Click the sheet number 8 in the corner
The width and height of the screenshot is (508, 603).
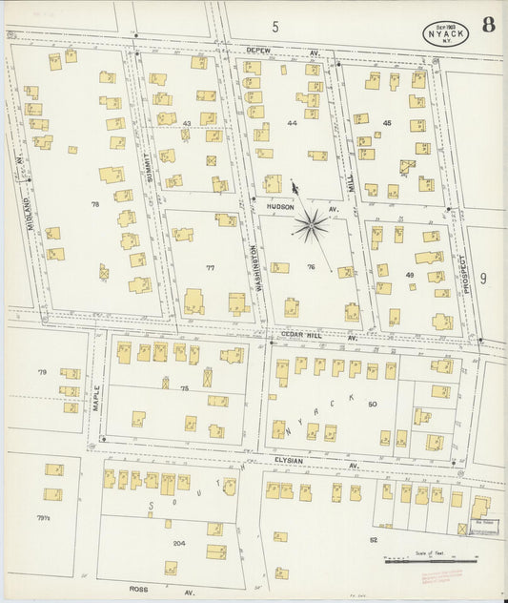coord(488,25)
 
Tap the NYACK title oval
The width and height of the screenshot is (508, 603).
coord(446,34)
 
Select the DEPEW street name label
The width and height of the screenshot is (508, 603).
coord(258,50)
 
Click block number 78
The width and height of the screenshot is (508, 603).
coord(95,205)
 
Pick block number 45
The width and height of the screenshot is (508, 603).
coord(386,122)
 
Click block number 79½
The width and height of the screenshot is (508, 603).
coord(43,519)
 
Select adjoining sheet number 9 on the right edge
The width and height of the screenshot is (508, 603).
coord(484,279)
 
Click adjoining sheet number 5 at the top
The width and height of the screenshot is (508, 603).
coord(275,27)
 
